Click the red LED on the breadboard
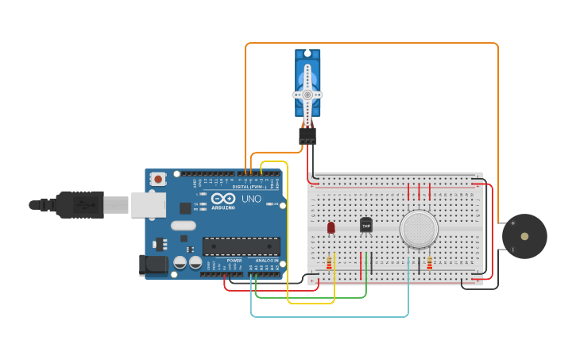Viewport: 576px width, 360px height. coord(331,227)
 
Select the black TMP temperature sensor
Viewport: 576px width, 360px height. coord(365,226)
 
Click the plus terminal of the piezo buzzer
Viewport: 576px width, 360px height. coord(512,223)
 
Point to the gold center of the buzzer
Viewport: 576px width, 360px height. coord(524,236)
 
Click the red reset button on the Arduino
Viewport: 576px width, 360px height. coord(158,180)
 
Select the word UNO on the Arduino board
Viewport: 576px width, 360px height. coord(251,199)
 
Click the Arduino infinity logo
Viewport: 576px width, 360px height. coord(223,198)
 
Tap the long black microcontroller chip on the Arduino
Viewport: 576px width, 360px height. coord(241,246)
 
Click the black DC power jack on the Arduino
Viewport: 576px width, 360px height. coord(150,265)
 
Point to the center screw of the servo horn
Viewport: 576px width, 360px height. coord(307,94)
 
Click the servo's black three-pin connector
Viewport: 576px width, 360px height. coord(307,136)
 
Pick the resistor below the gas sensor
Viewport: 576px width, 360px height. coord(430,263)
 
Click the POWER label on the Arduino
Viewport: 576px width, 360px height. coord(234,261)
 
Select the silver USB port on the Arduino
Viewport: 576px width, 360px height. coord(149,204)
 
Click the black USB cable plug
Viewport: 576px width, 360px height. coord(79,205)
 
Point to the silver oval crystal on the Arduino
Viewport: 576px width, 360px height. coord(183,226)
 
